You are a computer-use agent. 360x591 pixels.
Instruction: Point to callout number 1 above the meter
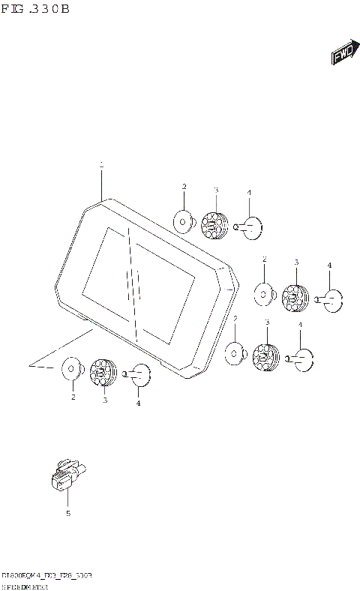point(101,163)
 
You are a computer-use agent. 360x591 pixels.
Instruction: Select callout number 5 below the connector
point(67,514)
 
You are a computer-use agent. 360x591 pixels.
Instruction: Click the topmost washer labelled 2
point(182,220)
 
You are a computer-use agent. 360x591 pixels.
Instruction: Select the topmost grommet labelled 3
point(214,223)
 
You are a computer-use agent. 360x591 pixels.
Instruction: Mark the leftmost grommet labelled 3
point(101,371)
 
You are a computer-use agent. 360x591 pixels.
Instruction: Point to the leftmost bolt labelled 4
point(139,374)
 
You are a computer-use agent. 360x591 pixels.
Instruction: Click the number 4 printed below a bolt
point(138,403)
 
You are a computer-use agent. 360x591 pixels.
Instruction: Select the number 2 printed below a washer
point(73,397)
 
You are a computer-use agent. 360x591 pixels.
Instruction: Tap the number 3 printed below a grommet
point(105,400)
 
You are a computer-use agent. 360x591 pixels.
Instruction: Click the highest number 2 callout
point(183,186)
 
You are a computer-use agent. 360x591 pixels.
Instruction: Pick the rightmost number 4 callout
point(328,265)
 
